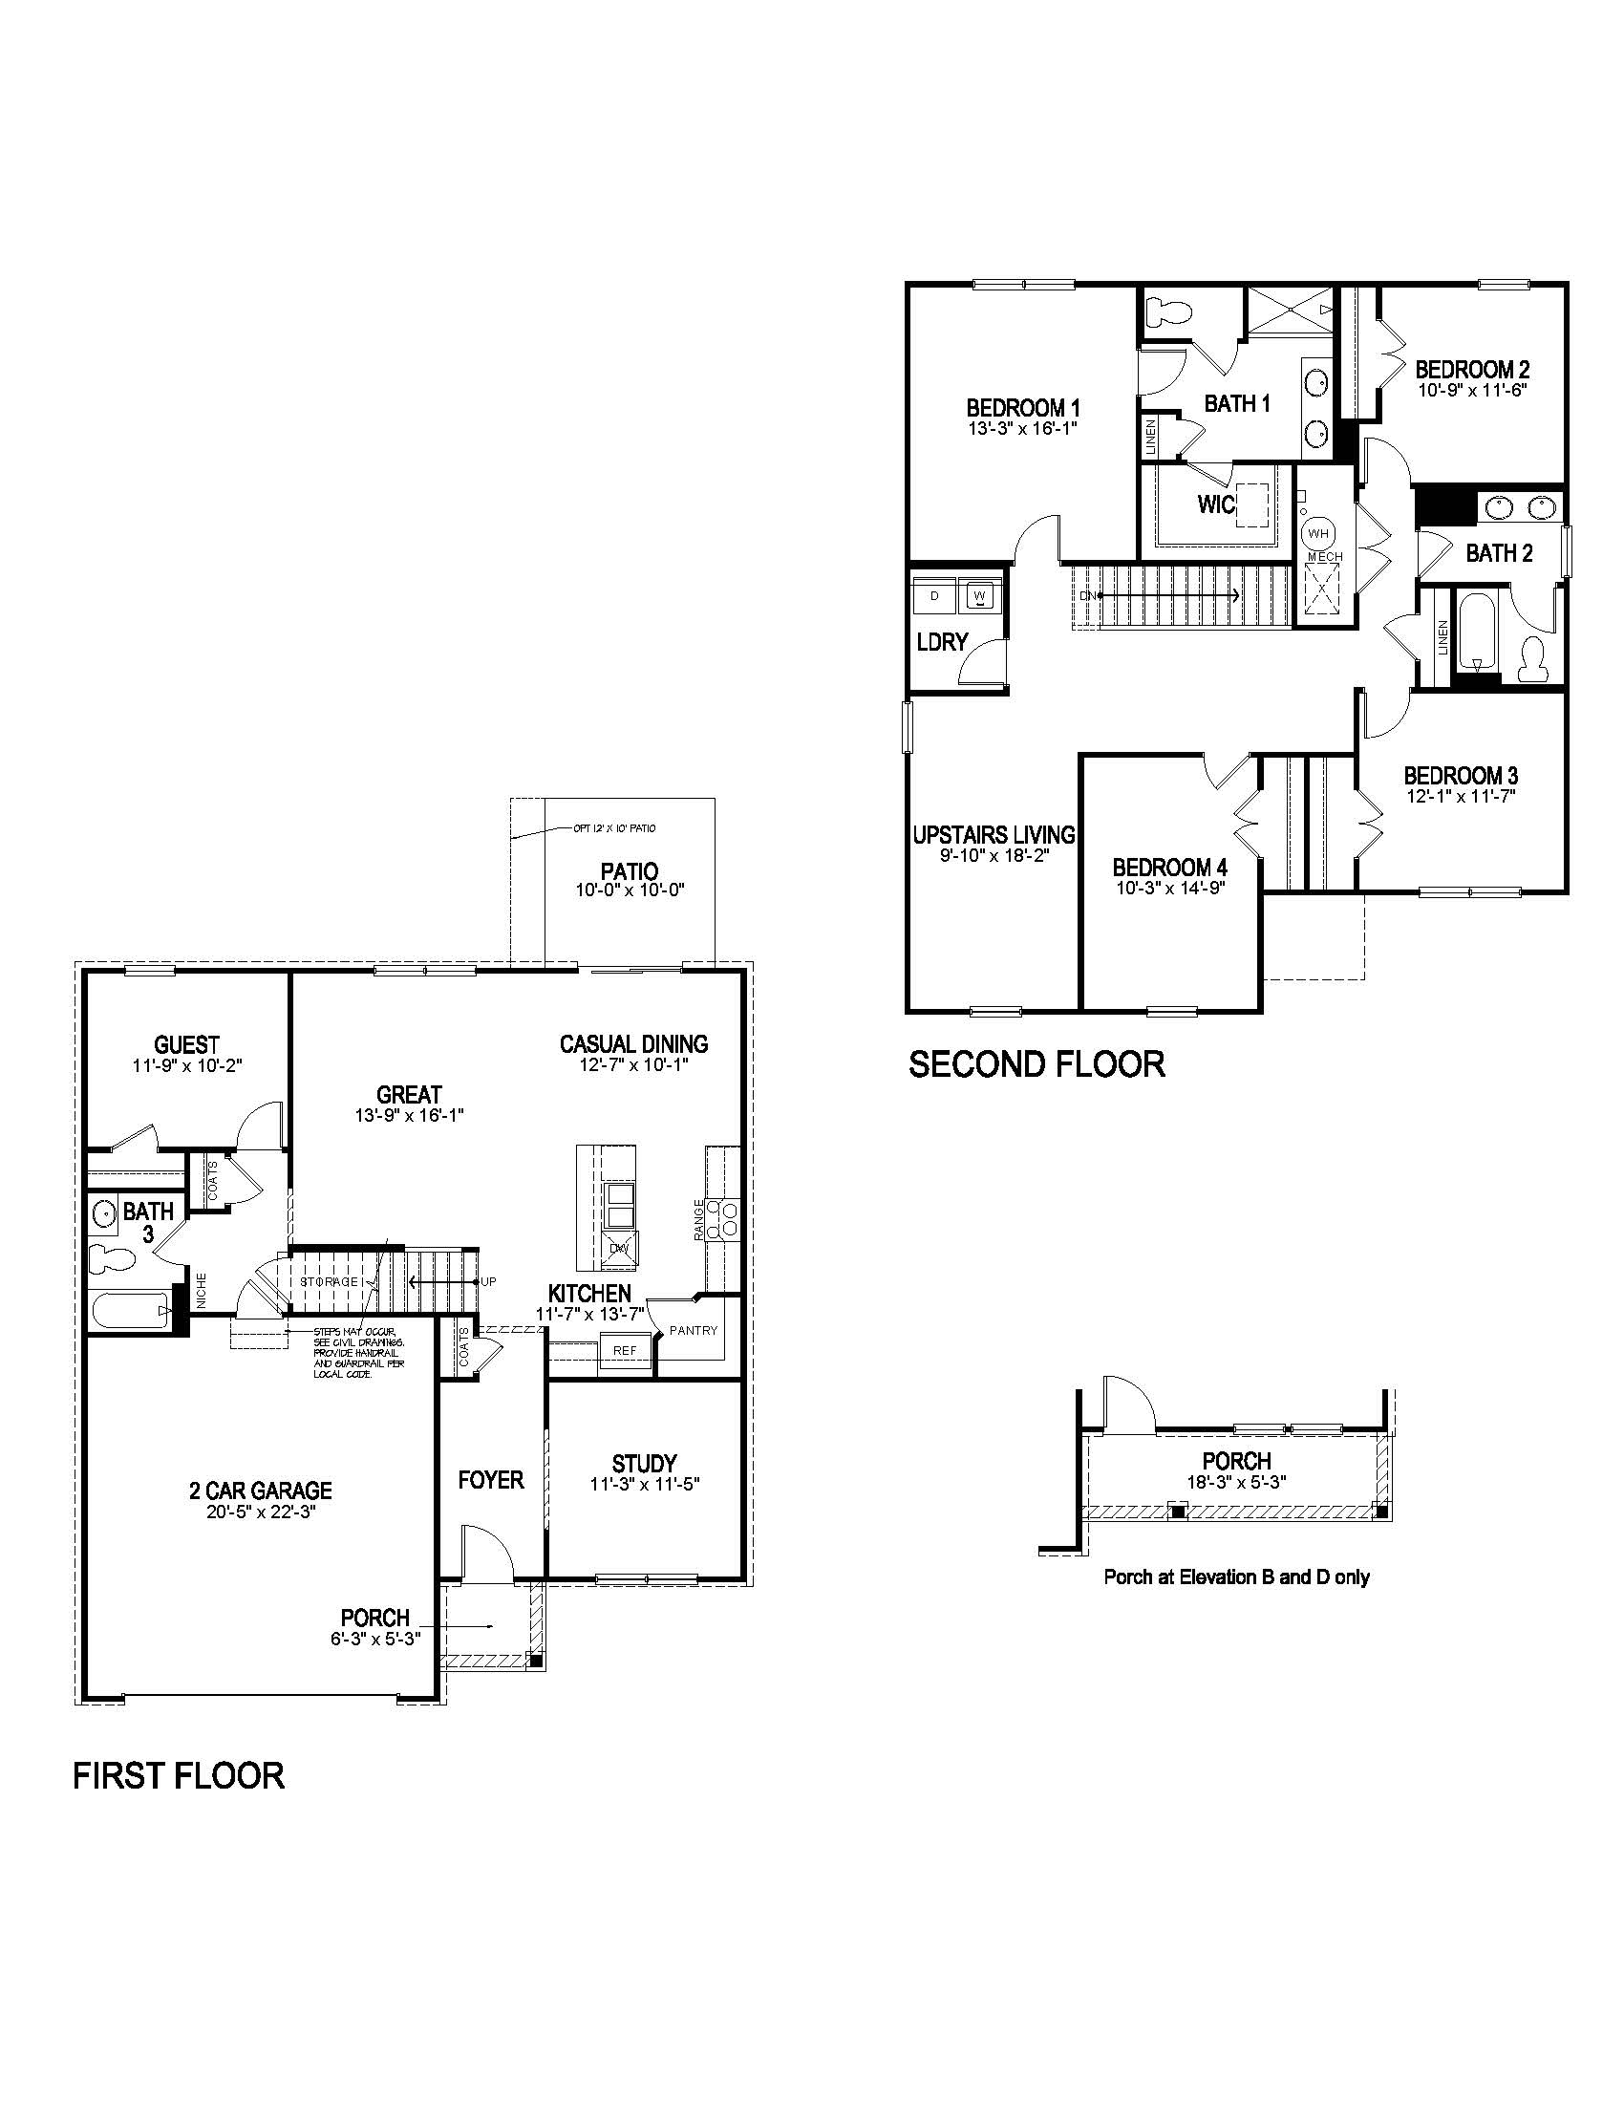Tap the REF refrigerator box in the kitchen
tap(625, 1350)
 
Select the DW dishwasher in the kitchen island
tap(618, 1250)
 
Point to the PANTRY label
tap(694, 1331)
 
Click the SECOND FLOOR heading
tap(1036, 1064)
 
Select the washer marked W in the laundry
tap(980, 596)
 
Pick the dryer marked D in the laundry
tap(934, 596)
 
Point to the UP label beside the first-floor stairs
tap(489, 1282)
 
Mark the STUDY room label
tap(644, 1464)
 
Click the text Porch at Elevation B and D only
tap(1236, 1577)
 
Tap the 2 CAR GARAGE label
tap(260, 1491)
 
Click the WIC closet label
tap(1215, 504)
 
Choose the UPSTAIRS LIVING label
tap(993, 834)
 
